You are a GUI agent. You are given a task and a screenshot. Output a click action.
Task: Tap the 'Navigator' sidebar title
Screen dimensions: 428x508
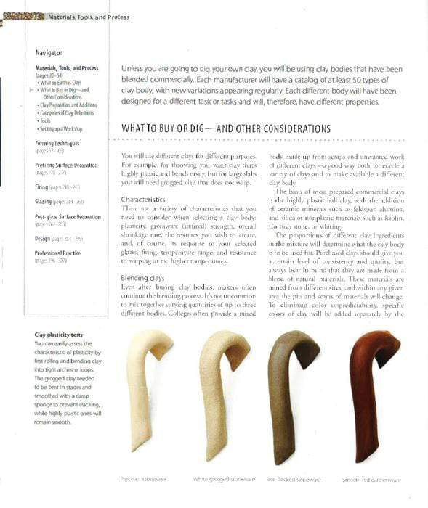49,53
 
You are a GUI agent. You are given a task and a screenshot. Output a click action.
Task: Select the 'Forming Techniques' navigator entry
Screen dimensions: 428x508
59,144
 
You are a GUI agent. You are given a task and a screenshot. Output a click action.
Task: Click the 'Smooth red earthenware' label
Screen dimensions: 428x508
371,480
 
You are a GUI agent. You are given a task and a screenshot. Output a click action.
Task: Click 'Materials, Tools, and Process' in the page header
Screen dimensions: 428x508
90,15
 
